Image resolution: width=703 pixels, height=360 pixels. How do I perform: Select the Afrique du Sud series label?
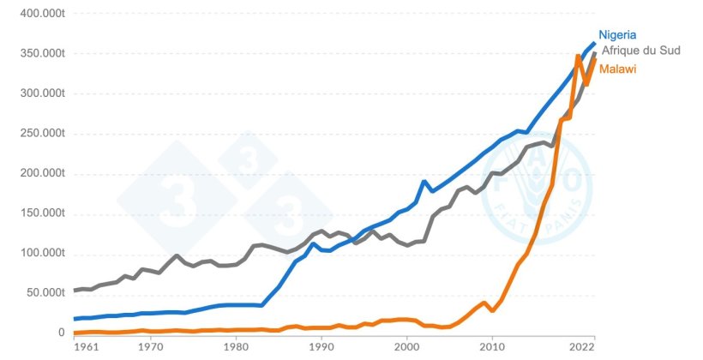pos(642,51)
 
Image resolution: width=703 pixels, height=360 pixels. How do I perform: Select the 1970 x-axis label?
pos(150,348)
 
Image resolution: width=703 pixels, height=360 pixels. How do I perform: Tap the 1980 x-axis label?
pos(236,348)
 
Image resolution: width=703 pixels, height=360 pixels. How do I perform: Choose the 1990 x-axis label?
pos(321,348)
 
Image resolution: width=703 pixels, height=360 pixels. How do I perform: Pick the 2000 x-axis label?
pos(406,348)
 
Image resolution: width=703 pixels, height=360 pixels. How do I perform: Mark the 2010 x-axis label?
pos(491,348)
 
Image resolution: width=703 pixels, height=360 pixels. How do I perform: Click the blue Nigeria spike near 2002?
pos(424,182)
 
